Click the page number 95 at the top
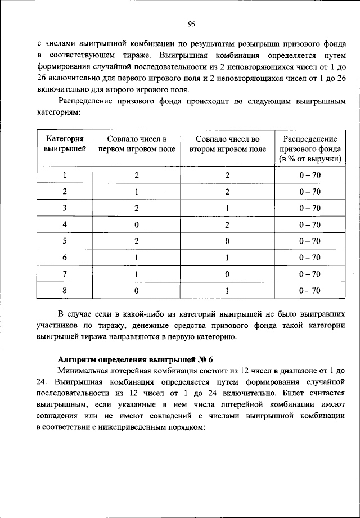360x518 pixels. (x=191, y=24)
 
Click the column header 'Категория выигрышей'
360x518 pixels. (x=65, y=144)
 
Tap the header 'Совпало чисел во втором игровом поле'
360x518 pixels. (x=227, y=144)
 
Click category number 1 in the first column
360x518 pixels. (x=65, y=175)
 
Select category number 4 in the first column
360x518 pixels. (x=65, y=224)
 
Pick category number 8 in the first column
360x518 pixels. (x=65, y=290)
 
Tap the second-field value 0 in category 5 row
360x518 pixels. (x=227, y=241)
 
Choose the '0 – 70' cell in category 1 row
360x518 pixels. (x=310, y=175)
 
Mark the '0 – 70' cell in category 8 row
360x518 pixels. (x=310, y=290)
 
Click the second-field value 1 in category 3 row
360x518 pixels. (x=227, y=208)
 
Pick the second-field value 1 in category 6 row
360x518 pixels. (x=227, y=258)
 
